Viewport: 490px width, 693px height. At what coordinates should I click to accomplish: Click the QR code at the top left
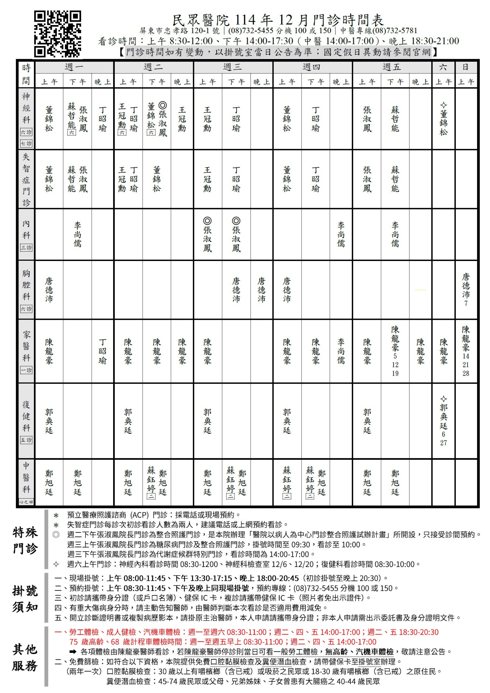(x=57, y=34)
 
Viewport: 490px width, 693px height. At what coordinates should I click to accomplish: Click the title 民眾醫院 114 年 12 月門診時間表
(x=278, y=20)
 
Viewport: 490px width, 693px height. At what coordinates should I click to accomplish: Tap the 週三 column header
(x=233, y=67)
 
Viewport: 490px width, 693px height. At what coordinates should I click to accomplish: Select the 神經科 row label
(x=26, y=108)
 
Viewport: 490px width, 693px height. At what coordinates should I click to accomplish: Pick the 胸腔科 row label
(x=26, y=285)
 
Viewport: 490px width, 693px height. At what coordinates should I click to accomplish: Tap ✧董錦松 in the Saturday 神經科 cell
(x=443, y=119)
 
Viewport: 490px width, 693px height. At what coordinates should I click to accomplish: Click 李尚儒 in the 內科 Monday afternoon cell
(x=78, y=234)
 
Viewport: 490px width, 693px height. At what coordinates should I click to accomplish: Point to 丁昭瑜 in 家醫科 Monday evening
(x=103, y=351)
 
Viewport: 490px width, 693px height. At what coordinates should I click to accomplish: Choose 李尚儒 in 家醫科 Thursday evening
(x=341, y=351)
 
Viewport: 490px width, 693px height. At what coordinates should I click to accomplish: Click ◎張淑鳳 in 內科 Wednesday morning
(x=207, y=235)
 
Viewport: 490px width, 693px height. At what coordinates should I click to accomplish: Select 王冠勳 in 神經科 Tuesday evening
(x=182, y=119)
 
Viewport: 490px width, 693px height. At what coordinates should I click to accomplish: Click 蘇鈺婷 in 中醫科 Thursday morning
(x=287, y=480)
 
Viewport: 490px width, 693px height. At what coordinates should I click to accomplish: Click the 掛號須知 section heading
(x=25, y=599)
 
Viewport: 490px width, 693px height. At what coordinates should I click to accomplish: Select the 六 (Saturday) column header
(x=443, y=67)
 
